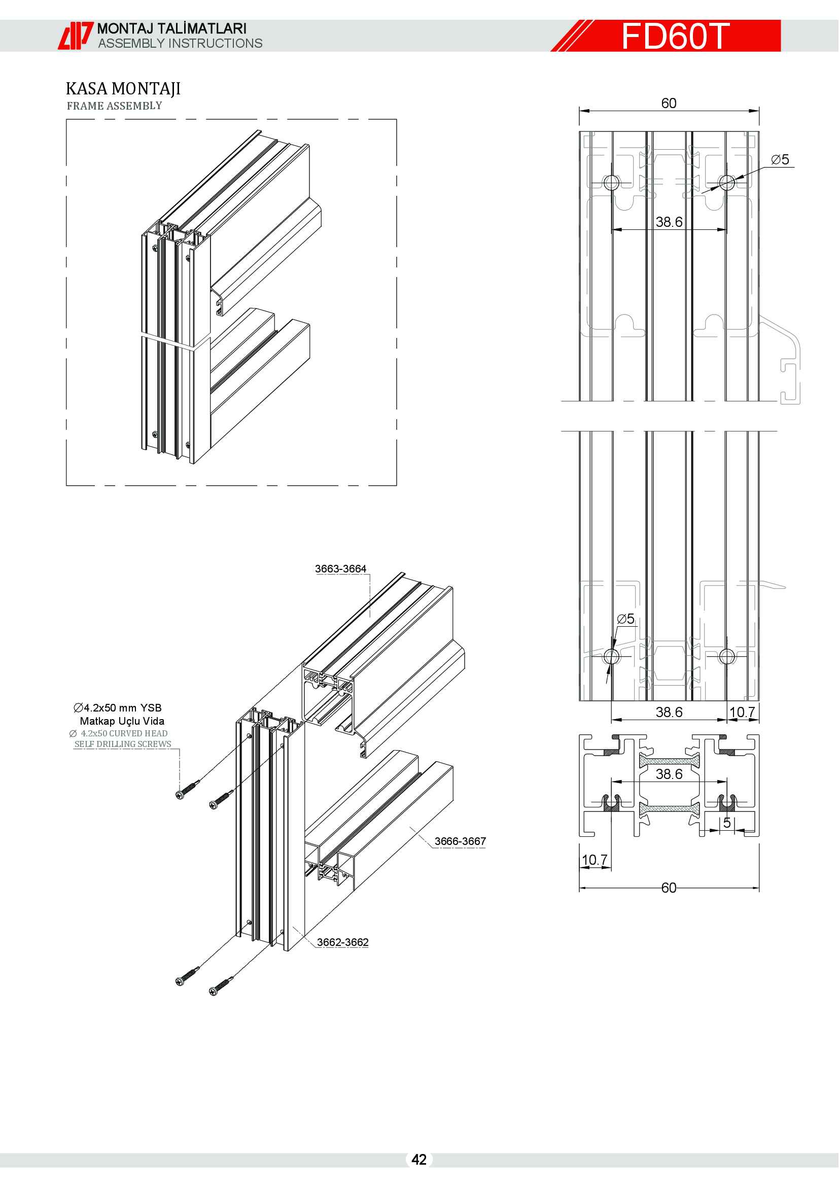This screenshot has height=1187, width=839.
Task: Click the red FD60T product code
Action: coord(675,36)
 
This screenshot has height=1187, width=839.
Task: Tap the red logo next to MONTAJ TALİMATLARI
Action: coord(76,36)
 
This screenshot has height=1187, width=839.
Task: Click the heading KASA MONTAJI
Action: coord(123,89)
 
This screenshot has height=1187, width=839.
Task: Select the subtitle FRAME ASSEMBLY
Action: coord(114,106)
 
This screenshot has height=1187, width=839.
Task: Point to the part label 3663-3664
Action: coord(340,569)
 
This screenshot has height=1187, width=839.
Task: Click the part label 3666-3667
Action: coord(460,841)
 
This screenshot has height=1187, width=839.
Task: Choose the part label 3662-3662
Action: coord(342,942)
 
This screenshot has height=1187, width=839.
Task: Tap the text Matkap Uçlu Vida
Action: coord(122,721)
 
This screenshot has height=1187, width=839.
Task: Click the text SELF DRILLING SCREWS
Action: coord(122,744)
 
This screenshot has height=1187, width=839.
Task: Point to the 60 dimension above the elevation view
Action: coord(669,104)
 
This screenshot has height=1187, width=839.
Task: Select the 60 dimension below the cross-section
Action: coord(669,888)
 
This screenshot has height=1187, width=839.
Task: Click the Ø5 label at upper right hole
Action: coord(780,160)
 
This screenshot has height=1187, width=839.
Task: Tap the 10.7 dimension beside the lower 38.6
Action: coord(742,713)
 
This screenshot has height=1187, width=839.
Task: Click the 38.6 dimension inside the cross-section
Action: coord(669,774)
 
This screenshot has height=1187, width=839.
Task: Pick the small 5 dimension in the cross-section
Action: coord(727,823)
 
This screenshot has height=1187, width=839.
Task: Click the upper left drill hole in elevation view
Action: coord(611,182)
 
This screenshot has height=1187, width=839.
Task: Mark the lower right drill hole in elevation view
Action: coord(726,657)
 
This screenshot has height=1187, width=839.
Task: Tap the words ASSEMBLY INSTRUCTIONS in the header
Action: coord(180,44)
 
